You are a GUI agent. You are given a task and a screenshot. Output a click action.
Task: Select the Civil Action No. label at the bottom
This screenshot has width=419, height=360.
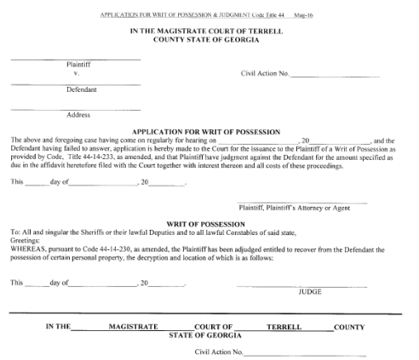[x=220, y=351]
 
